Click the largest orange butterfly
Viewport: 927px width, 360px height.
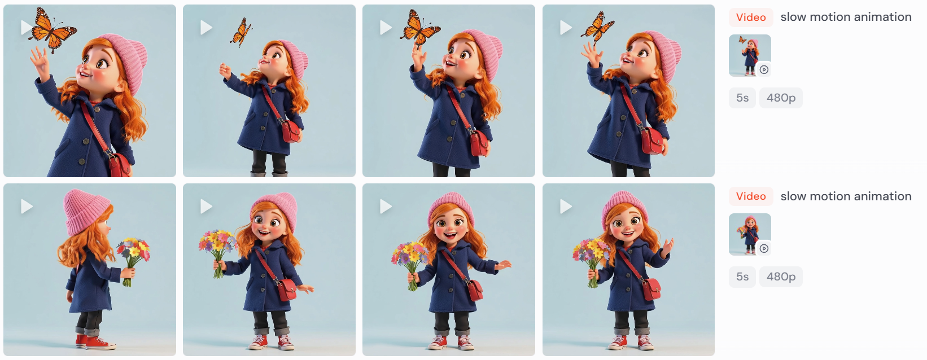pyautogui.click(x=52, y=30)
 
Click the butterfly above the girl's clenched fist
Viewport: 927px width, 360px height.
pyautogui.click(x=241, y=32)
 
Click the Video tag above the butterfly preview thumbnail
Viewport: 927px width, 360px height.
pyautogui.click(x=751, y=17)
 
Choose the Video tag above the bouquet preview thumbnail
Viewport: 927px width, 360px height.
pyautogui.click(x=751, y=196)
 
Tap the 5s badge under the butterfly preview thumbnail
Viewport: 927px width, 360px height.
pyautogui.click(x=742, y=98)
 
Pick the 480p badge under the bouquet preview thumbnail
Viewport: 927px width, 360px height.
pyautogui.click(x=781, y=276)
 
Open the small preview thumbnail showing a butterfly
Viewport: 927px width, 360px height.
pyautogui.click(x=750, y=55)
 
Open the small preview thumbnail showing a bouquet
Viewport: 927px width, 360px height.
pyautogui.click(x=750, y=234)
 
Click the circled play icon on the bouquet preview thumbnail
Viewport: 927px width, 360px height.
pyautogui.click(x=764, y=248)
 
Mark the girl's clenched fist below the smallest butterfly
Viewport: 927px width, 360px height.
pyautogui.click(x=225, y=71)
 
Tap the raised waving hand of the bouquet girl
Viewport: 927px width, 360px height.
pyautogui.click(x=667, y=248)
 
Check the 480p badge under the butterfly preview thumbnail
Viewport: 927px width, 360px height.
pyautogui.click(x=781, y=98)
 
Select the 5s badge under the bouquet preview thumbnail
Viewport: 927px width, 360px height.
pyautogui.click(x=742, y=276)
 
